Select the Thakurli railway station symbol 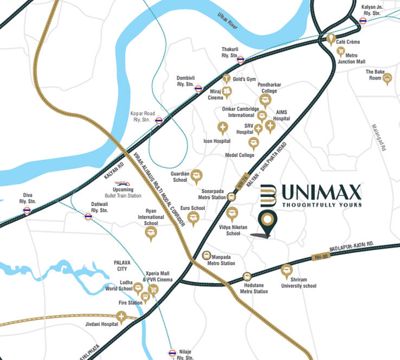241,60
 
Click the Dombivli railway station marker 199,89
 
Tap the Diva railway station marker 27,212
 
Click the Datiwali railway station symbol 88,217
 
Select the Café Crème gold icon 332,40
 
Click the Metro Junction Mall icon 341,52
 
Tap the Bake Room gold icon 387,78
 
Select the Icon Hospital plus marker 222,128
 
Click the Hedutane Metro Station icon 247,276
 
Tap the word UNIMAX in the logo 321,192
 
